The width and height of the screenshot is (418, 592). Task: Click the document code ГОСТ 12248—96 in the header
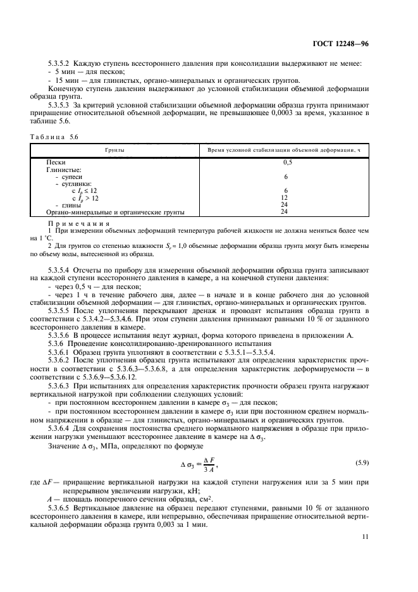pyautogui.click(x=362, y=44)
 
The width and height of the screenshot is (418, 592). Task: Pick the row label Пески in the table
pyautogui.click(x=56, y=163)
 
